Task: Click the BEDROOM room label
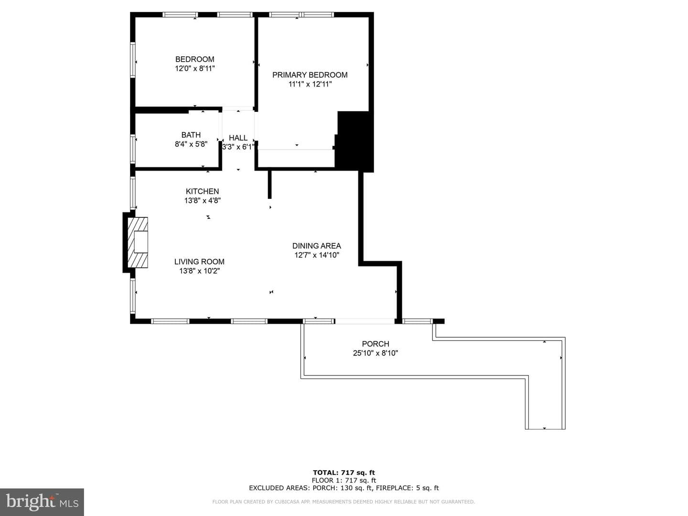click(194, 59)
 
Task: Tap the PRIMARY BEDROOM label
click(310, 75)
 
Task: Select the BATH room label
click(191, 135)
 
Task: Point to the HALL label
click(238, 138)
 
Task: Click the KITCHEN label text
click(202, 192)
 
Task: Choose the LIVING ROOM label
click(199, 262)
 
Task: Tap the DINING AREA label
click(317, 246)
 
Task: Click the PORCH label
click(376, 344)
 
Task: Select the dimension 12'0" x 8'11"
click(194, 69)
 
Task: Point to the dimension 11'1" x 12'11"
click(310, 84)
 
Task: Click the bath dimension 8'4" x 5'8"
click(191, 144)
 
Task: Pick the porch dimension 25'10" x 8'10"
click(376, 353)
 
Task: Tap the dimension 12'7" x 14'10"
click(317, 255)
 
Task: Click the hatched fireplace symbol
click(137, 243)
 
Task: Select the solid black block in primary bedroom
click(354, 141)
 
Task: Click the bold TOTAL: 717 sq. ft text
click(344, 473)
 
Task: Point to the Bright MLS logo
click(42, 502)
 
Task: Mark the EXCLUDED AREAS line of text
click(344, 488)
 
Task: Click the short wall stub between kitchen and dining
click(269, 184)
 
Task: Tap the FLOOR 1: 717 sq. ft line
click(344, 480)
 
